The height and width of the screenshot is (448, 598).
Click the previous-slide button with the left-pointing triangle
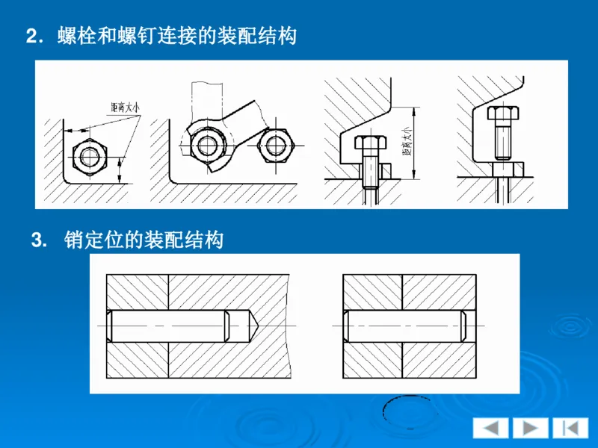(x=490, y=428)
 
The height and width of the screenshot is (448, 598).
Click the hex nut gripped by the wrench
(x=207, y=142)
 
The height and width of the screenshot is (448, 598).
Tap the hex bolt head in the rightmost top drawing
(x=502, y=113)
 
